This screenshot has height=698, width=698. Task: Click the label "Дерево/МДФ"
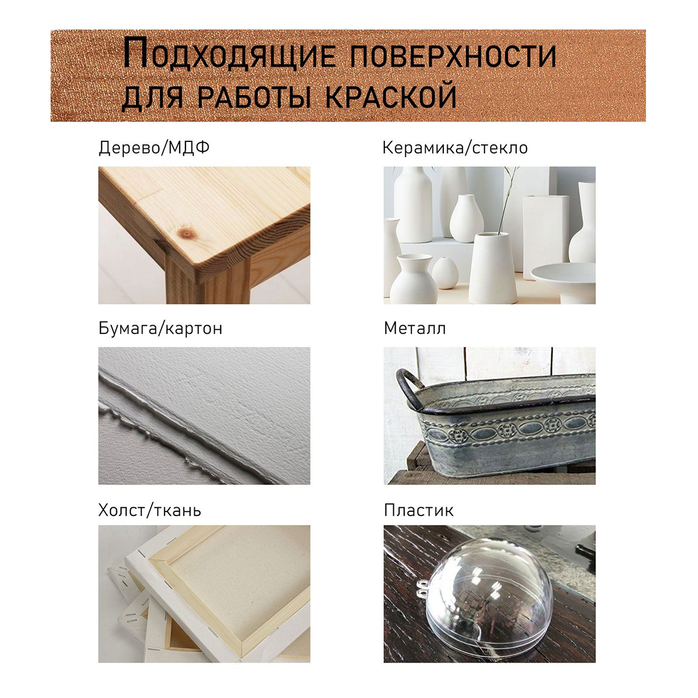point(154,148)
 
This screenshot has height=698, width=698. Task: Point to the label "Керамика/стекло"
point(455,148)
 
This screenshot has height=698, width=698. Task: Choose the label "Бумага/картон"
point(160,329)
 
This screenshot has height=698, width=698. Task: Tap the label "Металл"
point(415,328)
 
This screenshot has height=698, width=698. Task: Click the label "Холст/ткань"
point(149,510)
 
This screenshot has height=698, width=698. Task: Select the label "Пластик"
point(418,510)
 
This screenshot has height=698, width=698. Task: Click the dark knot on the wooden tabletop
point(187,233)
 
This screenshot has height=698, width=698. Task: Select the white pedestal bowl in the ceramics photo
point(563,282)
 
